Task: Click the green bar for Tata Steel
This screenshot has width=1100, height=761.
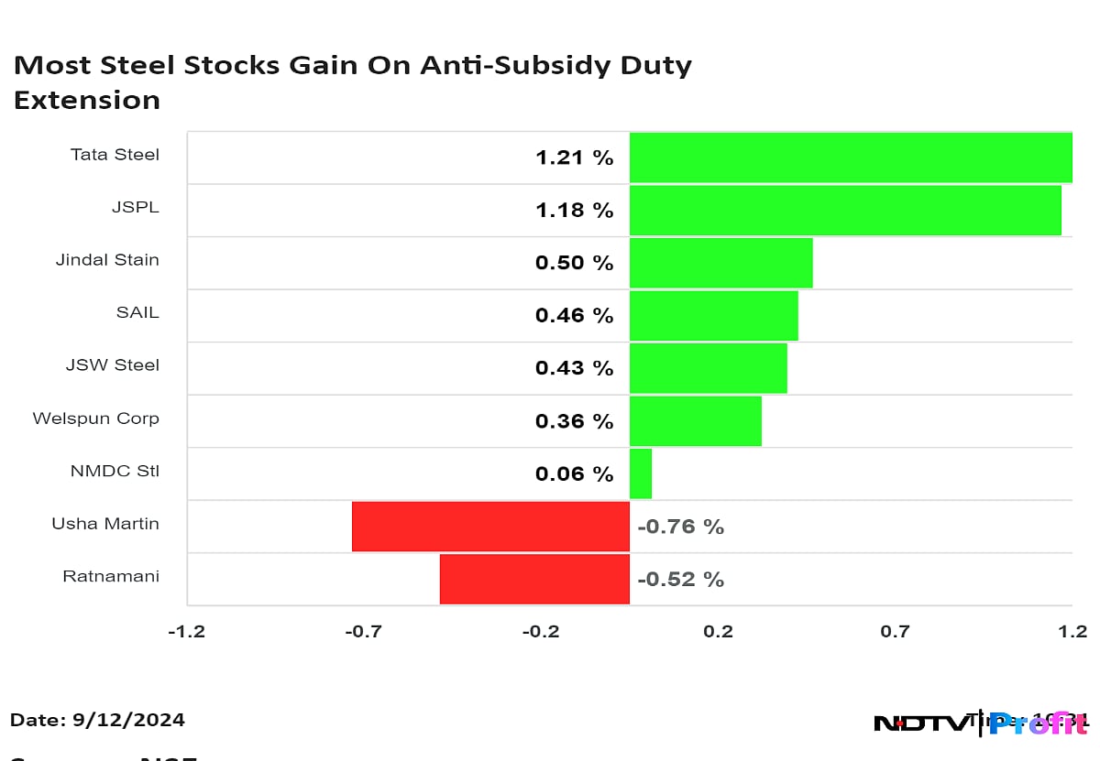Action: click(851, 158)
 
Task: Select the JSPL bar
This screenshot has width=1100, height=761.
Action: click(845, 211)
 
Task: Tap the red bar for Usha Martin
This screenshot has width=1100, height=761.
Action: click(490, 527)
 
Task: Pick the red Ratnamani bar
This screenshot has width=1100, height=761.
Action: click(534, 579)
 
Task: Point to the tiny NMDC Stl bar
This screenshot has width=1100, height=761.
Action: click(641, 473)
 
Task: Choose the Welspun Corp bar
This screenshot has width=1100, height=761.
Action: click(695, 421)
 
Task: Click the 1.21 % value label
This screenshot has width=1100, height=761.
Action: click(574, 158)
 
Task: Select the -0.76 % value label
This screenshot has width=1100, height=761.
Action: click(680, 527)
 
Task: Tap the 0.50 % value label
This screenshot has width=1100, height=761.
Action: click(574, 263)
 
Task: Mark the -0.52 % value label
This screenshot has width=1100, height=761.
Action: click(680, 580)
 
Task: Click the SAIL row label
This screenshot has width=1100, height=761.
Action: click(137, 312)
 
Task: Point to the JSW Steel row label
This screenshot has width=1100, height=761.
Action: click(113, 365)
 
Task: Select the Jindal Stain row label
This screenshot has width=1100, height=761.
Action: click(107, 260)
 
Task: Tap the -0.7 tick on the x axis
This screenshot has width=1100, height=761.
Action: click(364, 631)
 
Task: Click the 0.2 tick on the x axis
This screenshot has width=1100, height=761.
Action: click(718, 631)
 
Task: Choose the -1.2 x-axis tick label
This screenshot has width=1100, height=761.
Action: click(186, 631)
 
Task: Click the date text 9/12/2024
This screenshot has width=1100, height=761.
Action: click(128, 720)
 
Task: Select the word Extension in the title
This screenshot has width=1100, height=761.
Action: click(87, 100)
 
